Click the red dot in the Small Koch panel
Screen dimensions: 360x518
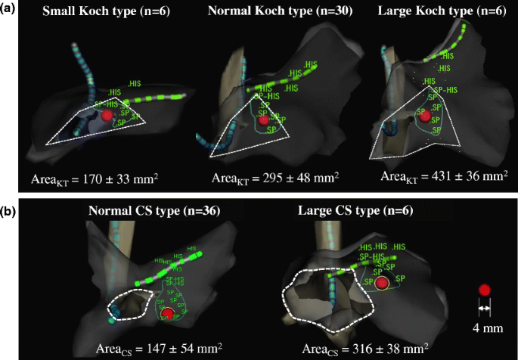click(107, 115)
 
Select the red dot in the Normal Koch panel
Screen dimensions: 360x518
click(263, 119)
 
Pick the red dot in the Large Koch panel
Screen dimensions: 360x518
click(425, 116)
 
